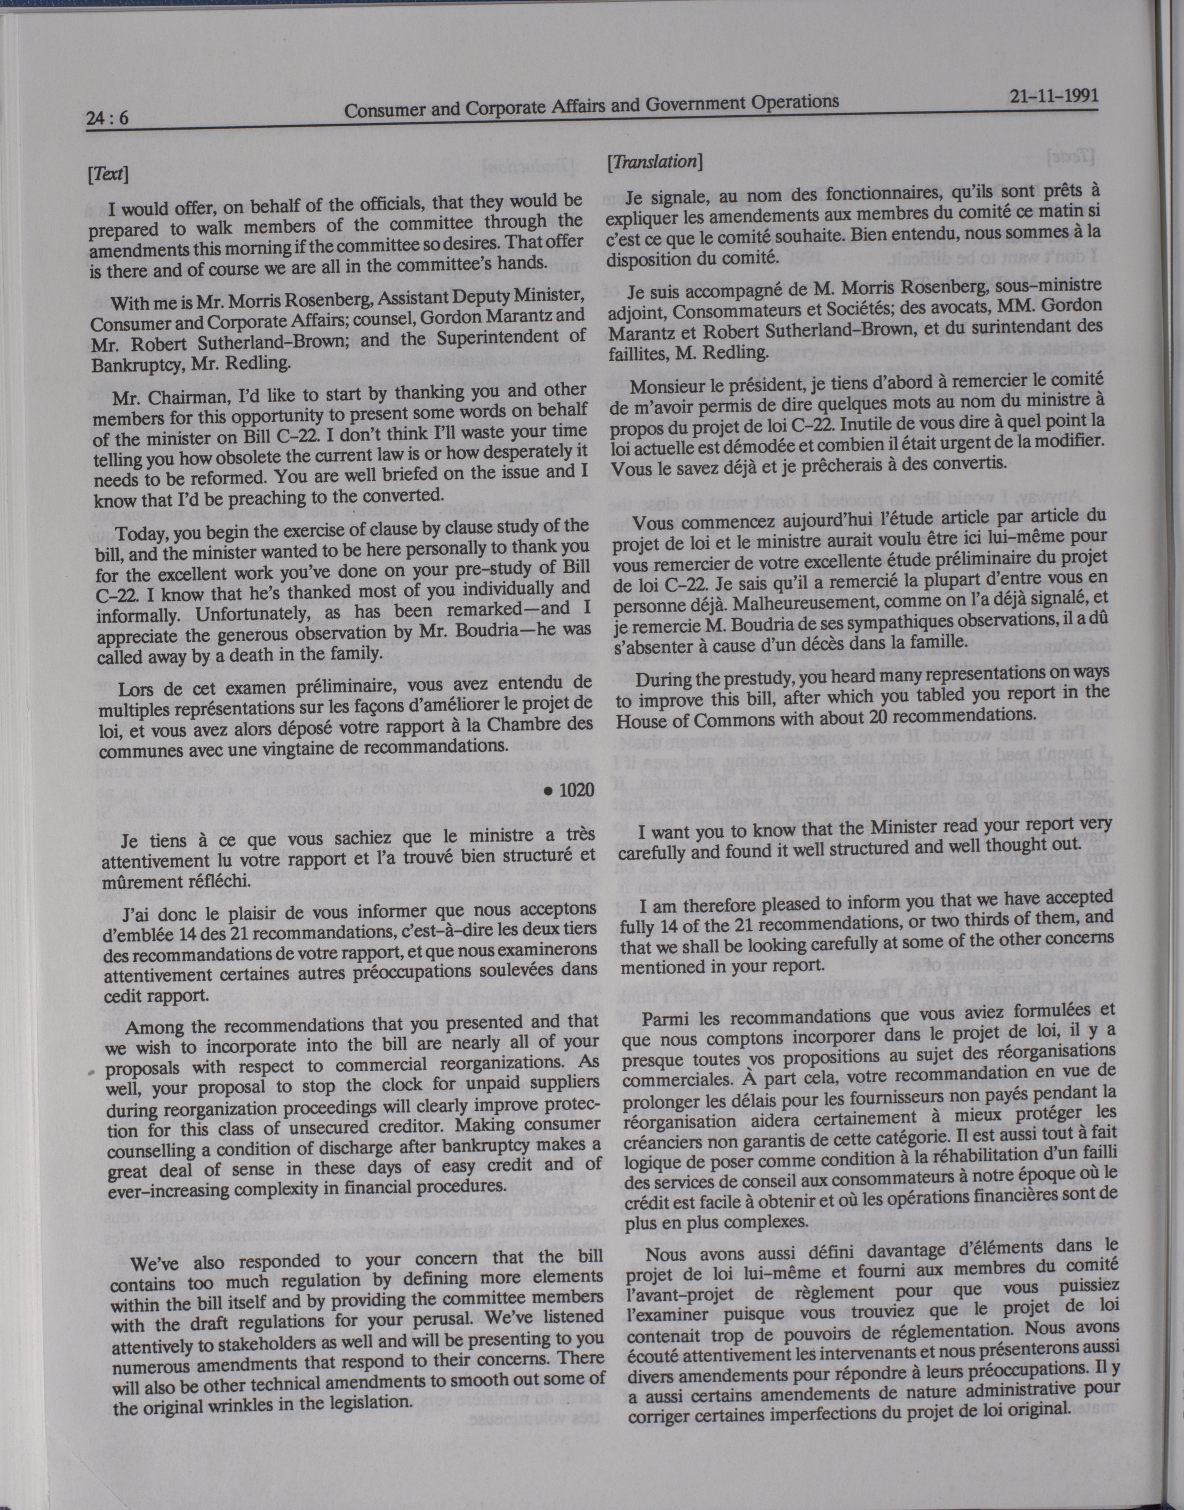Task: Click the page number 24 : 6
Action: click(108, 118)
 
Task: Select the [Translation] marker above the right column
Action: click(655, 162)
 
